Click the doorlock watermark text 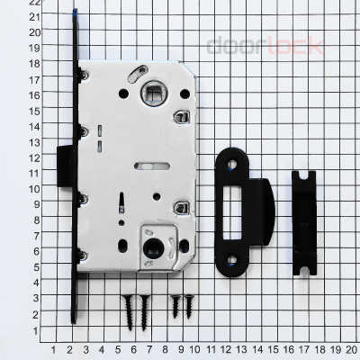(x=265, y=46)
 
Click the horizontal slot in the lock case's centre (x=148, y=165)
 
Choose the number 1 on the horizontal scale (x=55, y=349)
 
